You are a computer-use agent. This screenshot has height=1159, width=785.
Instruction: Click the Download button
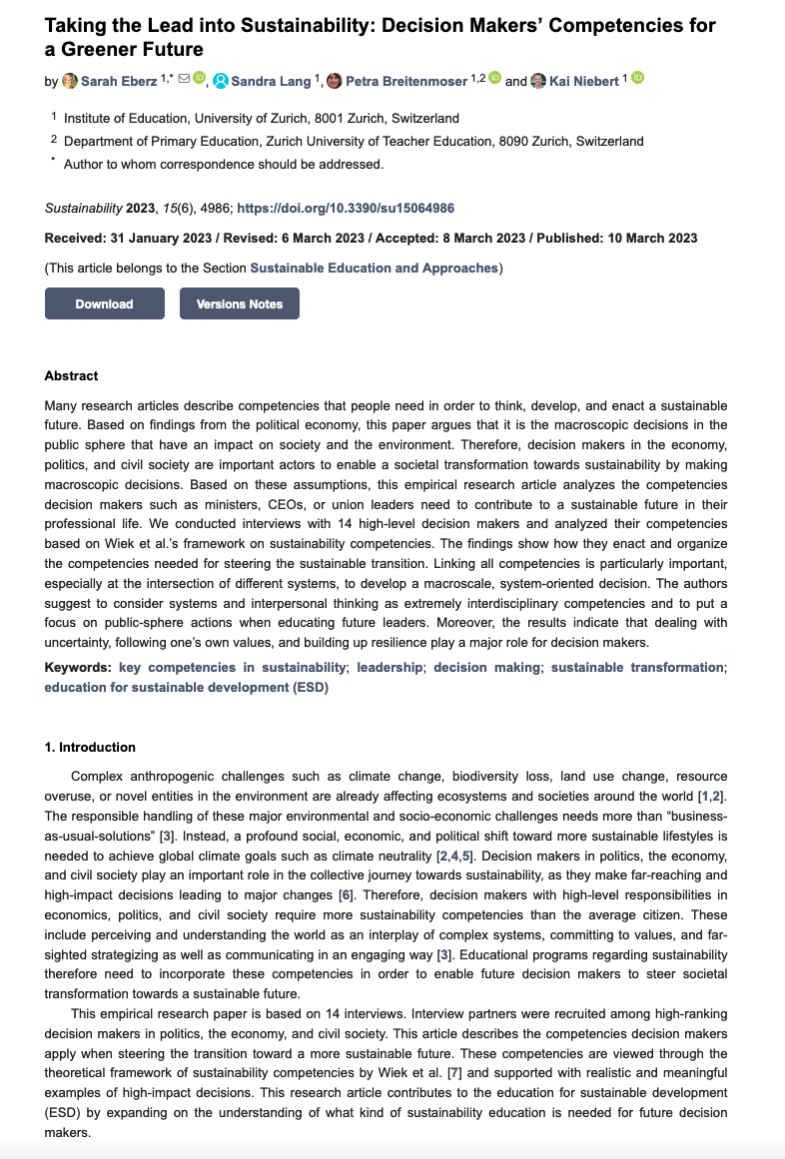104,303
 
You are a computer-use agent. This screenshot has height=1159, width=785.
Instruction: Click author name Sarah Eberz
119,81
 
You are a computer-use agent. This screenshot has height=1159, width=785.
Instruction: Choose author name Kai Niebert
584,81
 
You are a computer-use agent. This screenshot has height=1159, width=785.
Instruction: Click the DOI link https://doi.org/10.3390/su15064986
346,209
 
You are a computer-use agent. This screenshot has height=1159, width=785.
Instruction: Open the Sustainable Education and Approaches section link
374,268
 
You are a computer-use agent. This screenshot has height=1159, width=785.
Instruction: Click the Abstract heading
72,376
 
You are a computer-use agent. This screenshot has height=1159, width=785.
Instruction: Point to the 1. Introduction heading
90,747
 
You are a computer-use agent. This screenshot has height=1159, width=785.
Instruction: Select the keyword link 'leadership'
390,667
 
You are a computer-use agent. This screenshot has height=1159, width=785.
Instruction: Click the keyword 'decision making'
487,667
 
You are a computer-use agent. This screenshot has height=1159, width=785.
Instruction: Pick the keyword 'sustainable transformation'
636,667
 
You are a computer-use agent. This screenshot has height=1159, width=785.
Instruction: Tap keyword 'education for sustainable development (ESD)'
186,687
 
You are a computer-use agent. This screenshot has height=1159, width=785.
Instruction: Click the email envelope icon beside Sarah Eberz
184,78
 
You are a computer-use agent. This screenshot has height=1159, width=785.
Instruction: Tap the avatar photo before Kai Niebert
538,81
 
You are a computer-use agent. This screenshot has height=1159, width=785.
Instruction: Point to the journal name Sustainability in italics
83,209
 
